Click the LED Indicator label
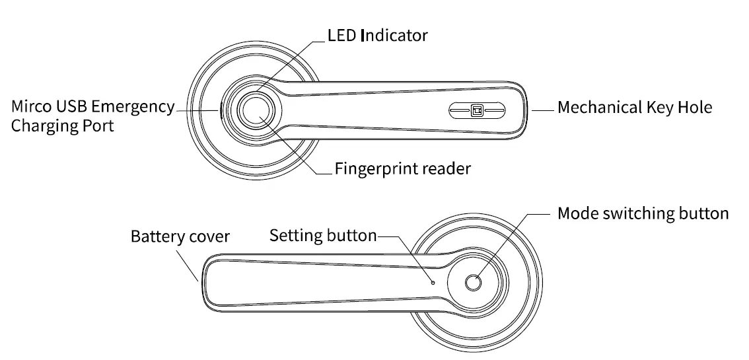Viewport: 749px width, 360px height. pyautogui.click(x=378, y=35)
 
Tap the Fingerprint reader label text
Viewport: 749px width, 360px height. pyautogui.click(x=402, y=168)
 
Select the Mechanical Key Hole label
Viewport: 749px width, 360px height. pyautogui.click(x=635, y=107)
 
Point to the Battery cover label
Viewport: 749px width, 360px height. pyautogui.click(x=180, y=236)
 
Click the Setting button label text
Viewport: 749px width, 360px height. pyautogui.click(x=323, y=236)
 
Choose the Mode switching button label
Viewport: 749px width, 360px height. pyautogui.click(x=643, y=213)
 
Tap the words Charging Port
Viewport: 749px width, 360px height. pyautogui.click(x=62, y=126)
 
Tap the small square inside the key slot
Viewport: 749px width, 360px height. pyautogui.click(x=476, y=110)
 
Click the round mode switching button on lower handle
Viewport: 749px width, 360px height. pyautogui.click(x=473, y=283)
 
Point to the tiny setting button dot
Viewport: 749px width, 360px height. pyautogui.click(x=433, y=282)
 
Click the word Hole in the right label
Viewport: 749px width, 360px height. pyautogui.click(x=695, y=107)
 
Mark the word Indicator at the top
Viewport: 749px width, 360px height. pyautogui.click(x=394, y=35)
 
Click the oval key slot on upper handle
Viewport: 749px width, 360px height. pyautogui.click(x=476, y=110)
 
